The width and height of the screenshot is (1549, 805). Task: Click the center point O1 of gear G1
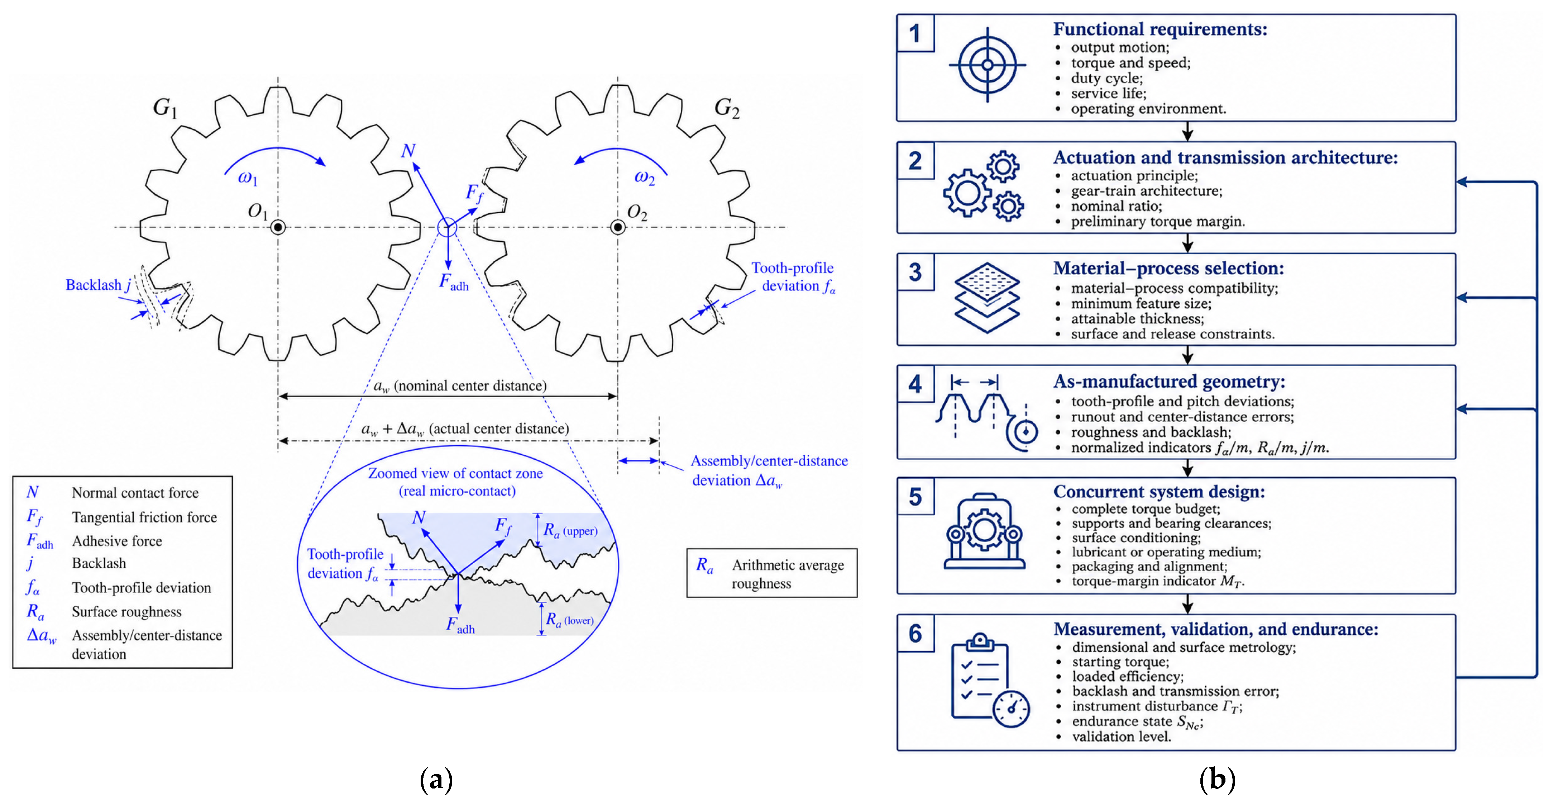[x=278, y=227]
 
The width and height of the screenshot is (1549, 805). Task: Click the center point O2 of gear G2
[x=617, y=227]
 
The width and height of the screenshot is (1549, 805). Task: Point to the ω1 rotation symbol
[x=247, y=178]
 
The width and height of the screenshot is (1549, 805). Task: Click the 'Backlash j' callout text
[x=99, y=285]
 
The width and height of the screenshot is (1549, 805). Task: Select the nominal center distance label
[x=460, y=386]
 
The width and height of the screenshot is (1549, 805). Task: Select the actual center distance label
[x=465, y=429]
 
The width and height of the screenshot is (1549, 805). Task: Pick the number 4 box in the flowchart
[x=915, y=384]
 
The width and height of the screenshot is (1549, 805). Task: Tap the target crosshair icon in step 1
[x=987, y=65]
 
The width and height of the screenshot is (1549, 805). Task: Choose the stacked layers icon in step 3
[x=987, y=298]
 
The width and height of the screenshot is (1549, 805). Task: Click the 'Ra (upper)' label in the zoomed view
[x=570, y=531]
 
